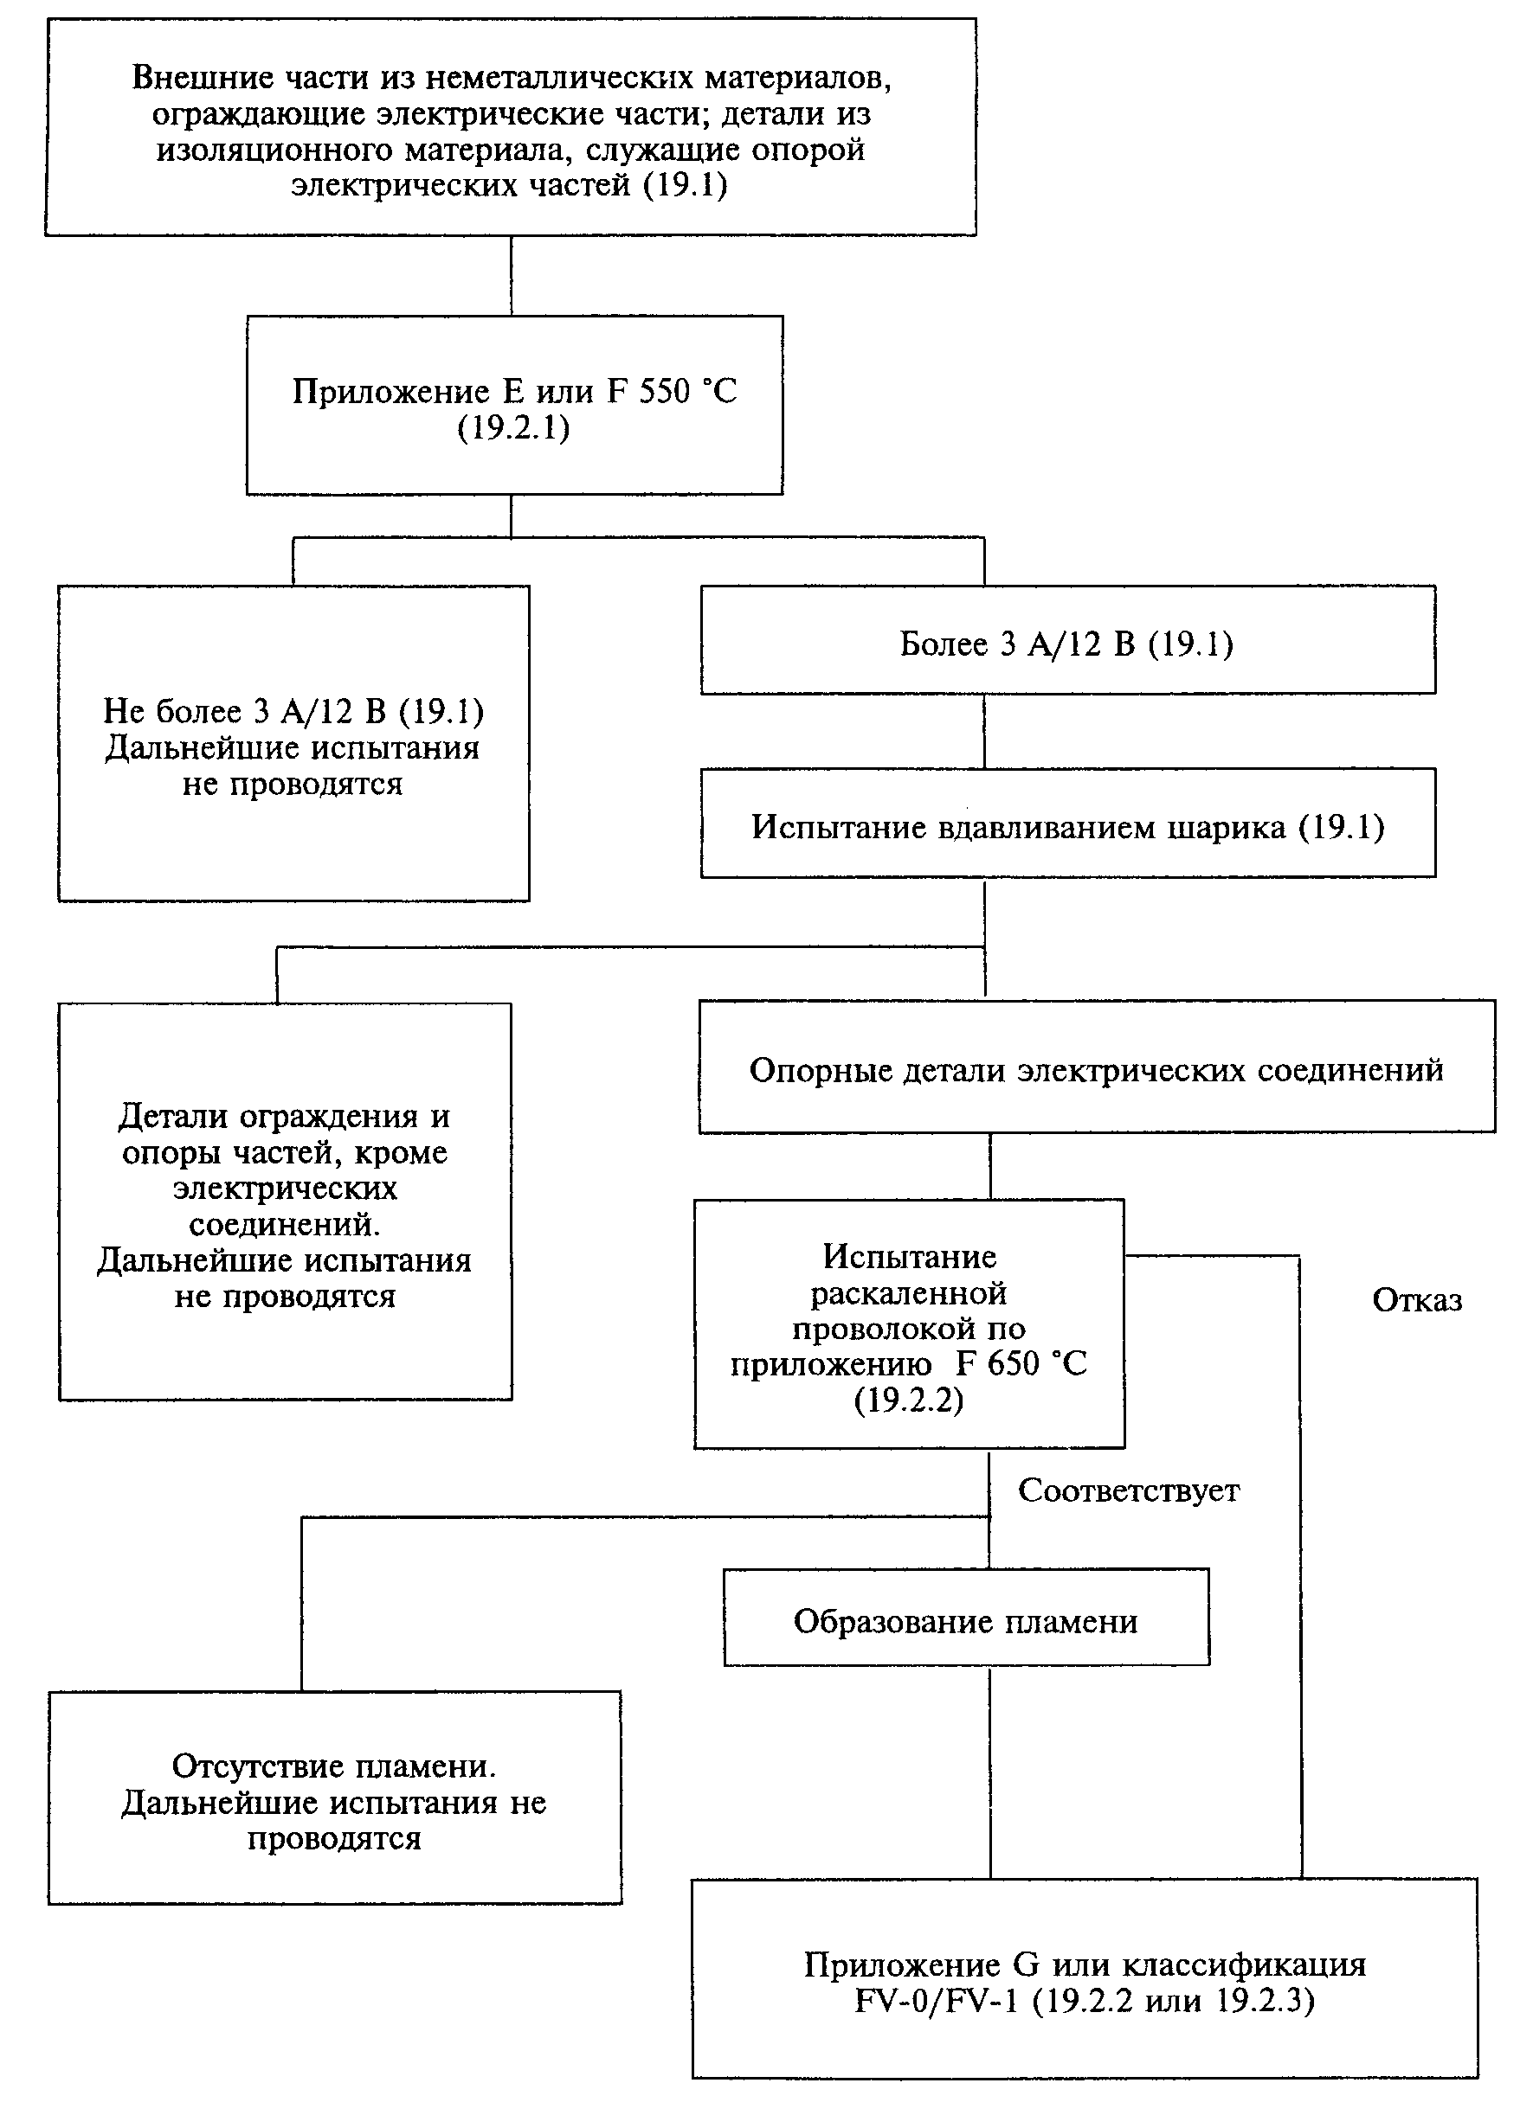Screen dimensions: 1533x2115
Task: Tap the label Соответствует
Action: pyautogui.click(x=1128, y=1490)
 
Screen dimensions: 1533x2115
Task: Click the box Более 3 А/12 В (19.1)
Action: pyautogui.click(x=1067, y=640)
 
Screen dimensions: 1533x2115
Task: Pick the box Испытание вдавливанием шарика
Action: pyautogui.click(x=1067, y=823)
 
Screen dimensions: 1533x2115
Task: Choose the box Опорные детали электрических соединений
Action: pyautogui.click(x=1097, y=1067)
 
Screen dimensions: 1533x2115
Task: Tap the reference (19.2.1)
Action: pyautogui.click(x=514, y=427)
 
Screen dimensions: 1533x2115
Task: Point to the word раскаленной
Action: pyautogui.click(x=909, y=1292)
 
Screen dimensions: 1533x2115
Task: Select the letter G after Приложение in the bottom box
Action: pyautogui.click(x=1026, y=1964)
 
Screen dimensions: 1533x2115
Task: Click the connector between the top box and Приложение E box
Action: pyautogui.click(x=512, y=276)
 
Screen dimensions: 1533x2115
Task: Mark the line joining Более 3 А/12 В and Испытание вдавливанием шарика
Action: pyautogui.click(x=984, y=732)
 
